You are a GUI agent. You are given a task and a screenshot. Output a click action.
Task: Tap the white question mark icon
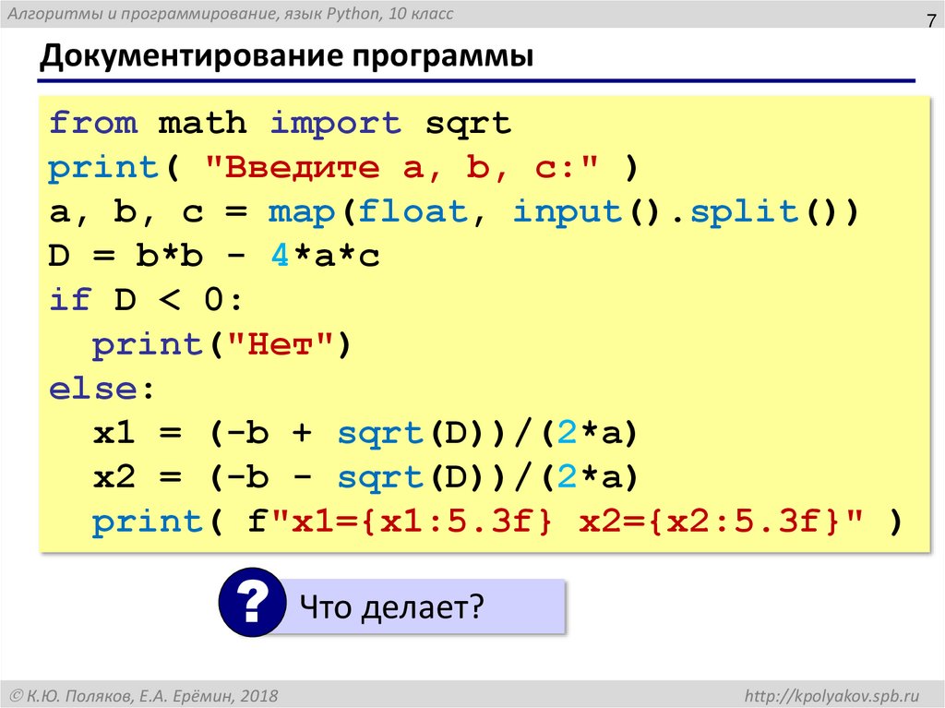point(250,606)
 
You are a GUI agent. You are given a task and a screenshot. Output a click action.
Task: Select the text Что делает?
point(391,607)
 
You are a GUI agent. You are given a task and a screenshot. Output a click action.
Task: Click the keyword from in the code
point(93,123)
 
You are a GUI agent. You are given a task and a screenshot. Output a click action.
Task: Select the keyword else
point(92,390)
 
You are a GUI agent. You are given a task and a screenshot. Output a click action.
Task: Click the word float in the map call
point(413,212)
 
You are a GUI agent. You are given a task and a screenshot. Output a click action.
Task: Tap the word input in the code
point(568,212)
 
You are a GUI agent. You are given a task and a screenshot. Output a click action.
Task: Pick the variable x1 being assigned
point(114,434)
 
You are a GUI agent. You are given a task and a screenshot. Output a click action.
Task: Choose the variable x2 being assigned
point(114,478)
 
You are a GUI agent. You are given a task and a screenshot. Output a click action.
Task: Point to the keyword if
point(70,301)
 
